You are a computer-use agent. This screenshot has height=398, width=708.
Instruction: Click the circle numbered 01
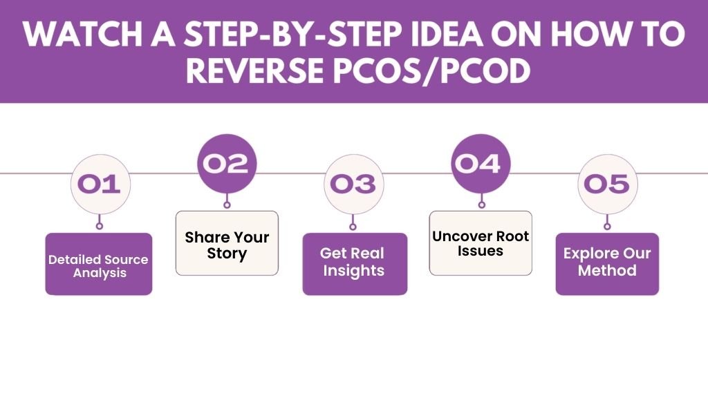click(100, 184)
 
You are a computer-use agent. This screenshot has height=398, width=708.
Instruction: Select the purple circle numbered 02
click(227, 164)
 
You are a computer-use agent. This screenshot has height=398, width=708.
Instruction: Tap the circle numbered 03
click(353, 184)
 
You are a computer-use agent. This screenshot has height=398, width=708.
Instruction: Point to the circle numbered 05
click(607, 184)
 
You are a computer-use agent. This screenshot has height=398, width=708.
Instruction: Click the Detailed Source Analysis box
click(98, 264)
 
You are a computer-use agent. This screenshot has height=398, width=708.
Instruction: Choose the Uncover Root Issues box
click(481, 243)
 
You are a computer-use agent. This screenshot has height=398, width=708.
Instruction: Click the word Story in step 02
click(227, 254)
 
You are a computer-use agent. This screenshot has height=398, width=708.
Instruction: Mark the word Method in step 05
click(607, 272)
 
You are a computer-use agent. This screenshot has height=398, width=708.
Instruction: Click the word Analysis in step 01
click(98, 273)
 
